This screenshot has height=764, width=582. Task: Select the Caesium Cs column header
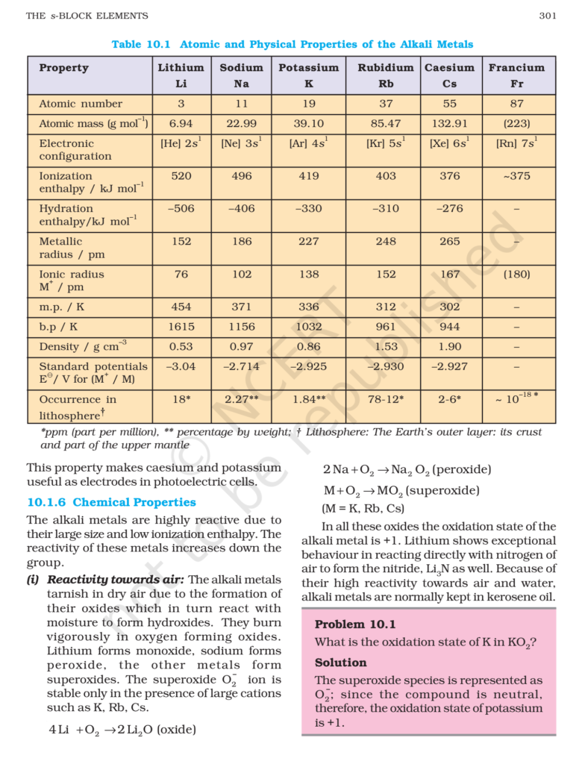(449, 75)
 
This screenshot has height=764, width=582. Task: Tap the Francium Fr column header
(516, 75)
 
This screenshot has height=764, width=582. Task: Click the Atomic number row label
(81, 104)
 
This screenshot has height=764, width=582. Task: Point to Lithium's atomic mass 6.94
(181, 123)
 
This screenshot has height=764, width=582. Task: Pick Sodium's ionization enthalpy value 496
(241, 176)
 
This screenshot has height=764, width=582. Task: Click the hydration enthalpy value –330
(308, 209)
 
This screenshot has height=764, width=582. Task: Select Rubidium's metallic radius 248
(386, 242)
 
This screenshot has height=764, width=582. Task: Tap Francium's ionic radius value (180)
(516, 275)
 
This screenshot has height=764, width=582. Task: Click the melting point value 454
(181, 307)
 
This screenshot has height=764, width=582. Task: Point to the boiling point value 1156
(241, 327)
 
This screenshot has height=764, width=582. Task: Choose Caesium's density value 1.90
(449, 346)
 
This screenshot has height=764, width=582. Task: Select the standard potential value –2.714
(241, 366)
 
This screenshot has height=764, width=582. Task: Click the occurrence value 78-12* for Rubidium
(386, 399)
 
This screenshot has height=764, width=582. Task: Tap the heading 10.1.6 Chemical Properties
(111, 502)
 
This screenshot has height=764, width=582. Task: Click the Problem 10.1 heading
(355, 624)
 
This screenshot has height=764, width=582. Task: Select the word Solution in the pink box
(340, 663)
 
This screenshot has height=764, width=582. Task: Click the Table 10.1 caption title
(292, 44)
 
